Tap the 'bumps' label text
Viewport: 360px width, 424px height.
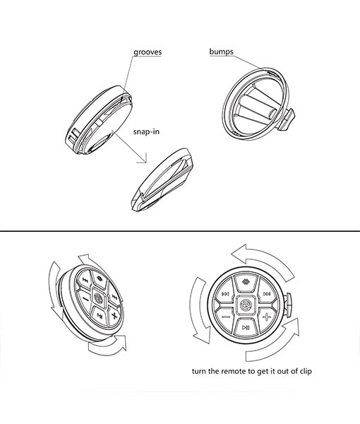click(x=222, y=52)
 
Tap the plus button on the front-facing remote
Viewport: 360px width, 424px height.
click(x=267, y=317)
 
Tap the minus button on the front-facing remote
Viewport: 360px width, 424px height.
click(x=226, y=317)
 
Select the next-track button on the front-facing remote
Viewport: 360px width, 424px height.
click(x=266, y=295)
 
